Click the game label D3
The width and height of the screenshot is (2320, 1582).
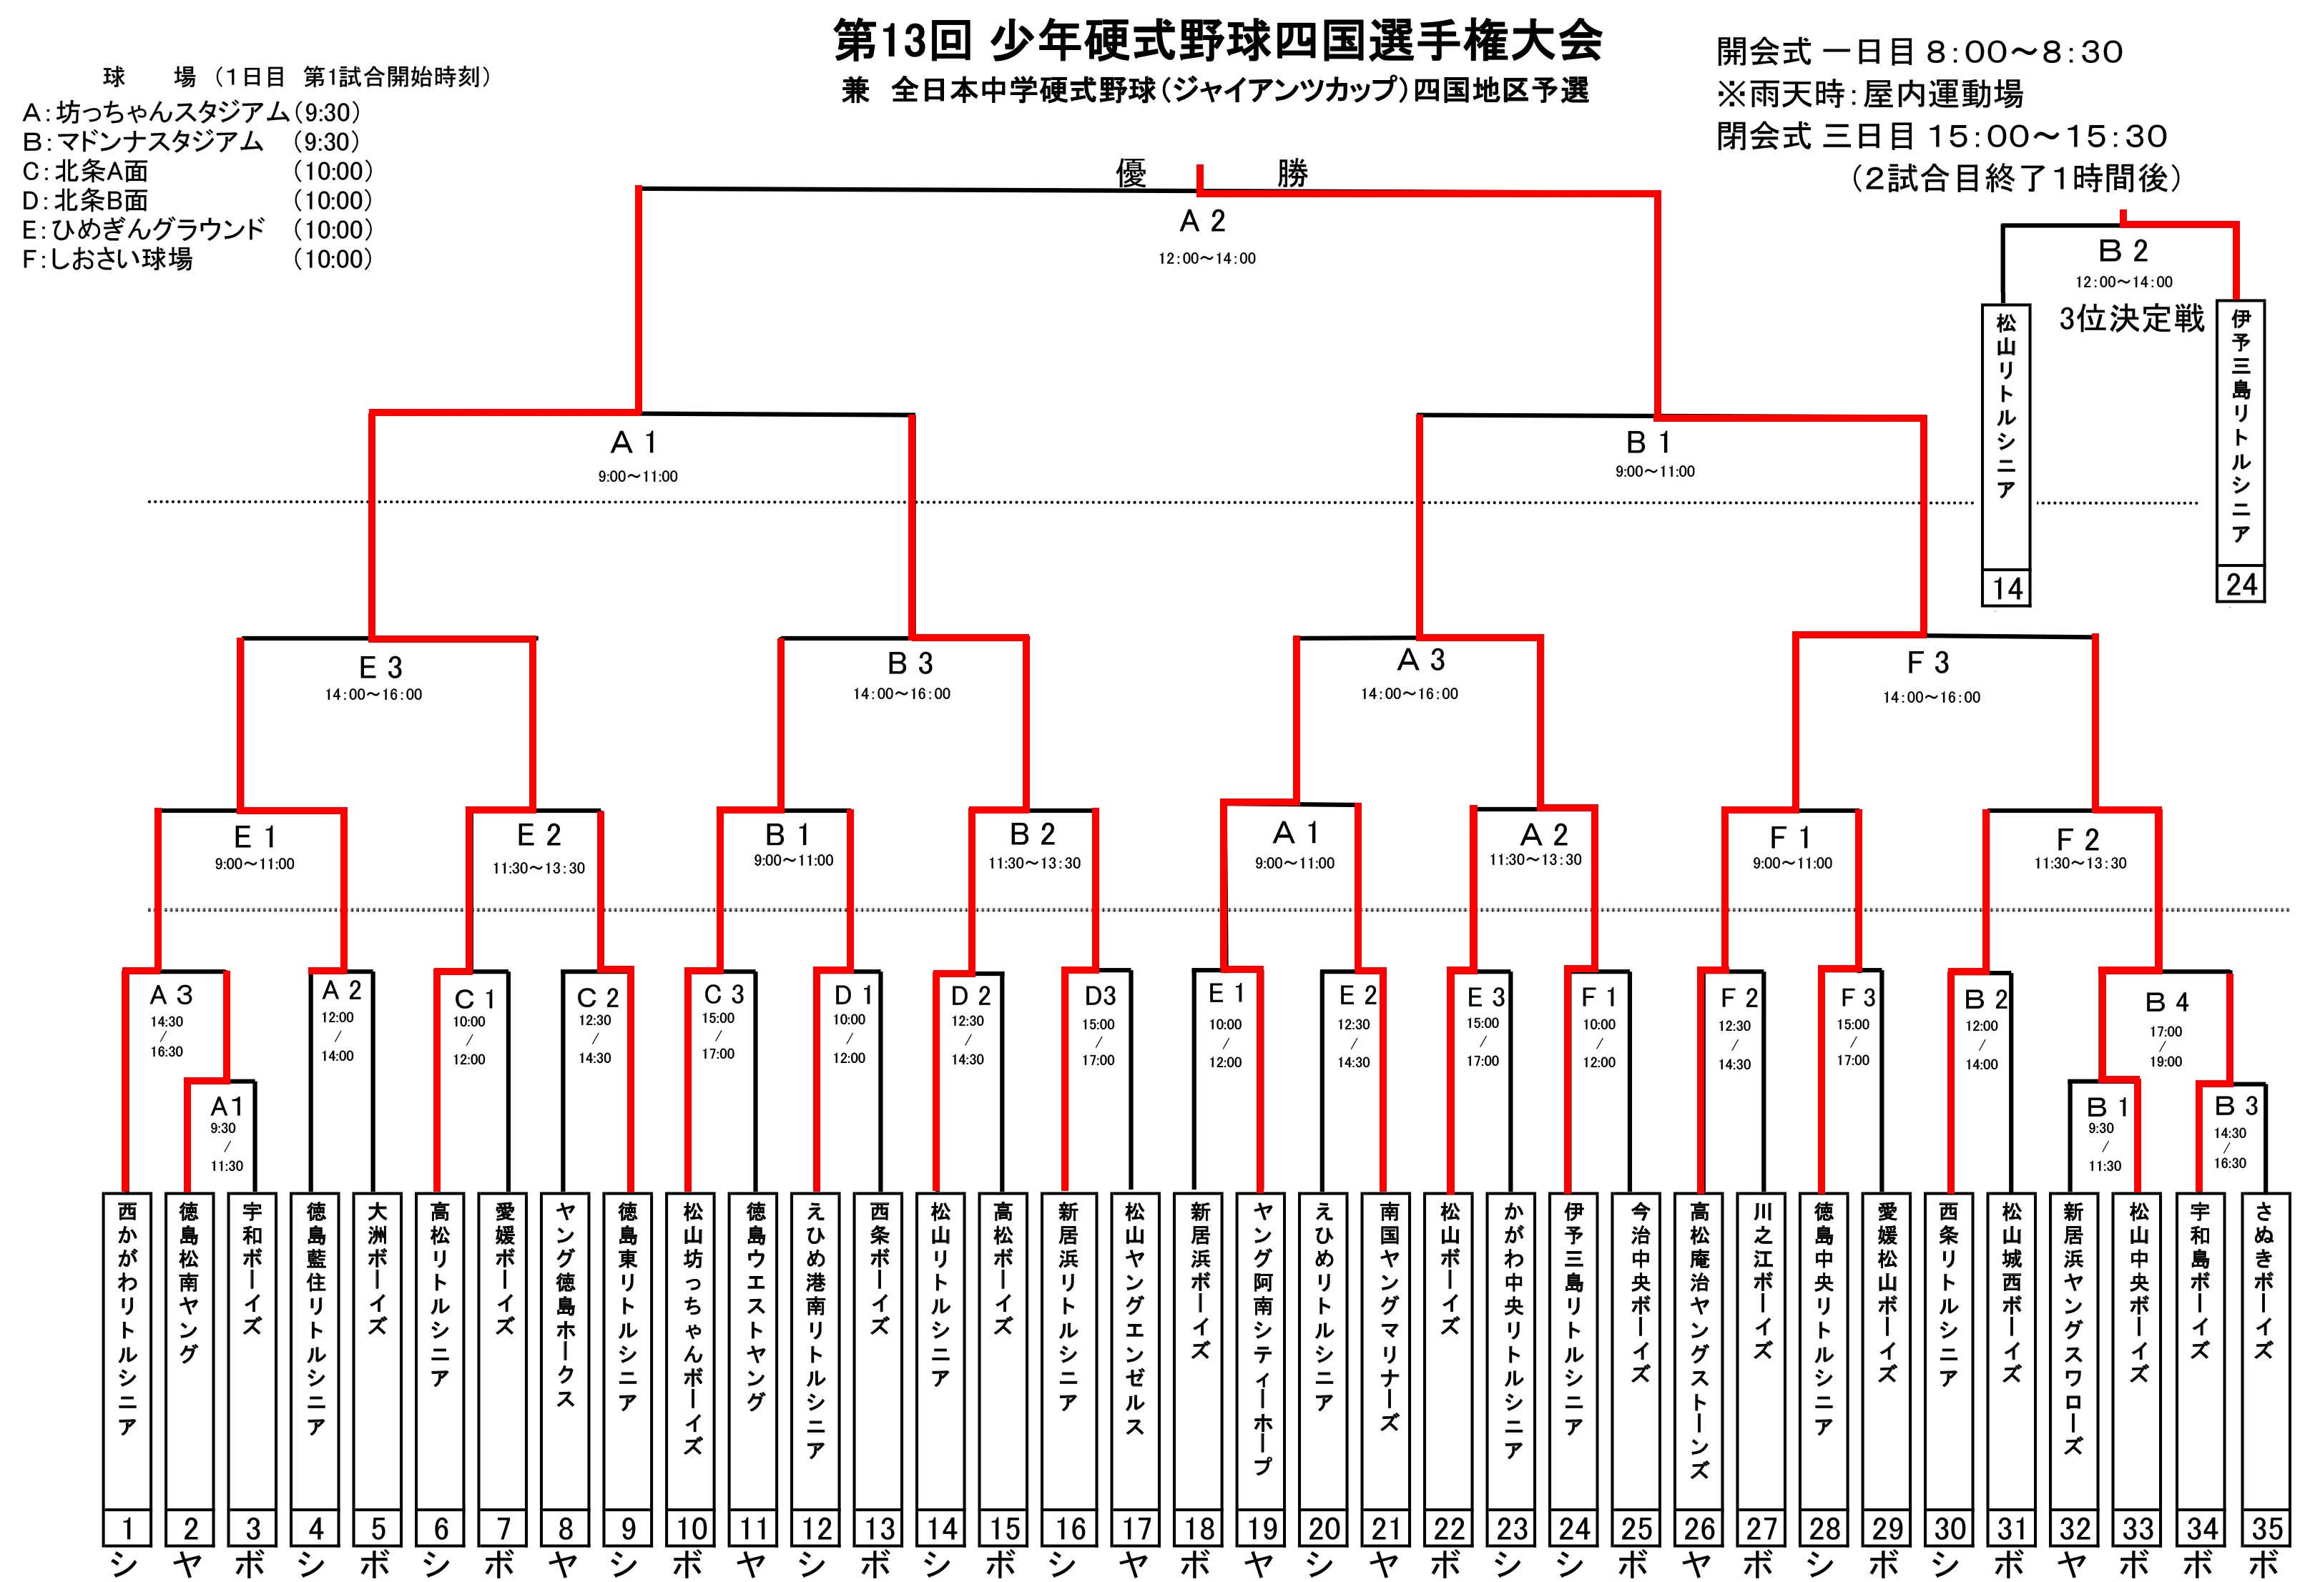(x=1099, y=995)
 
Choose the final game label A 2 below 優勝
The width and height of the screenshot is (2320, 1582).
(x=1202, y=221)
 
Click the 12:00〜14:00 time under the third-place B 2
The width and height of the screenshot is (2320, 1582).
(x=2123, y=282)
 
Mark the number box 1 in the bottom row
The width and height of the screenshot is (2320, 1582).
(x=127, y=1528)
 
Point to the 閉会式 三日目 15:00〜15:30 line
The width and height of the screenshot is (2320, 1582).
(x=1942, y=137)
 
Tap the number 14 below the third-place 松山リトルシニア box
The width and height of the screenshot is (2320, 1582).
(x=2007, y=588)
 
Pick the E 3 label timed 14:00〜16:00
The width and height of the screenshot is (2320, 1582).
(x=380, y=667)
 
